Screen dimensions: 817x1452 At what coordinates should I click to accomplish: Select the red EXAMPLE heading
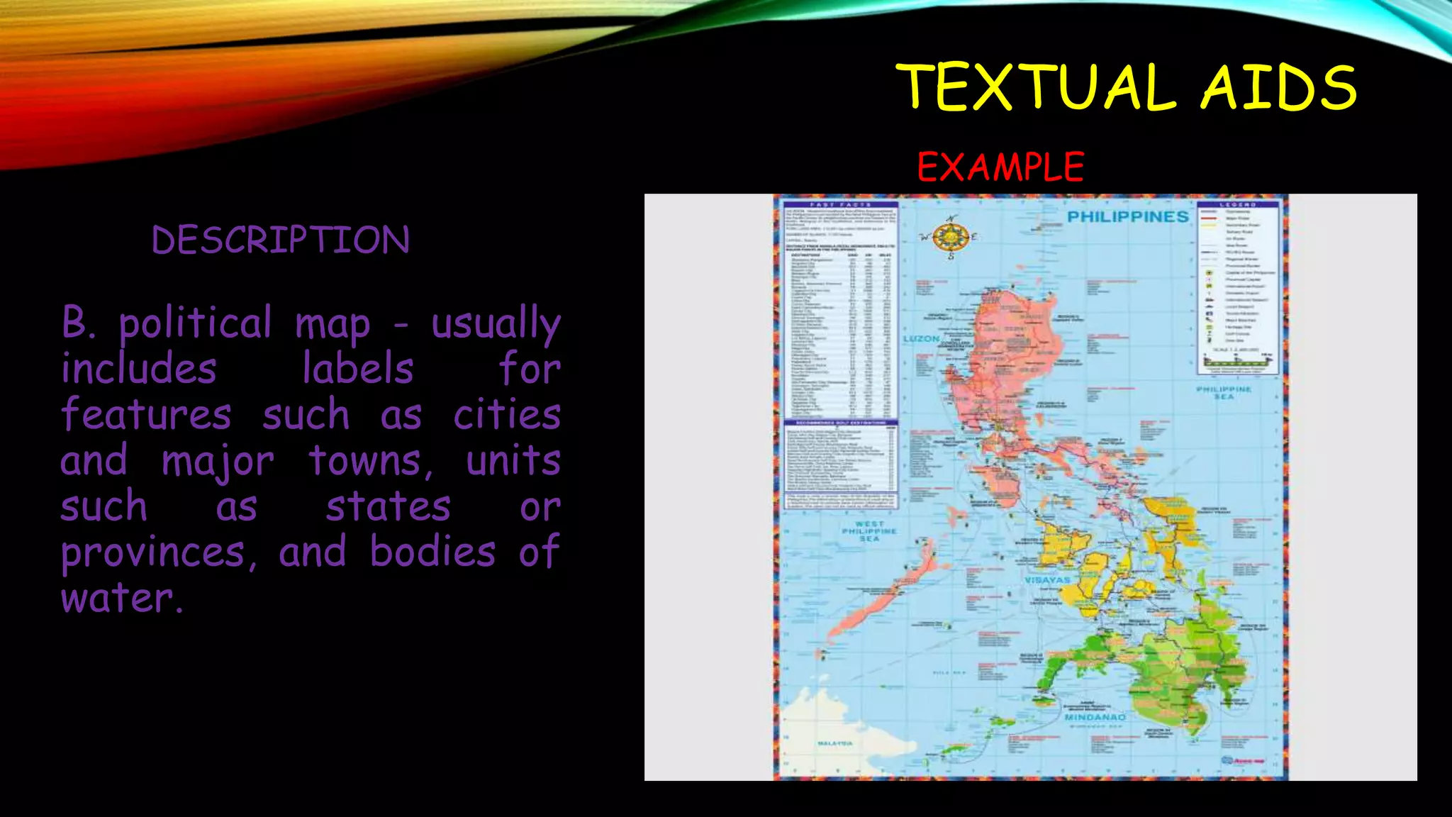click(x=1000, y=167)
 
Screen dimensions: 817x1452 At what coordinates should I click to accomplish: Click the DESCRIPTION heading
click(x=281, y=240)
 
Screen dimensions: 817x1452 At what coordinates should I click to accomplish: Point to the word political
click(x=195, y=323)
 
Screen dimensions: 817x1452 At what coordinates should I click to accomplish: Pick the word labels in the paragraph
click(x=358, y=369)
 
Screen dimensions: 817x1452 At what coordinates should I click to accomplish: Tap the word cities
click(x=507, y=415)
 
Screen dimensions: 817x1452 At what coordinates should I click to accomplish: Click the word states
click(x=388, y=506)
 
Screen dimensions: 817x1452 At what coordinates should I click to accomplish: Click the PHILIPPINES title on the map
click(x=1127, y=216)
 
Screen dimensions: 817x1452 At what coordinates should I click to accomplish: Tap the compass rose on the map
click(x=951, y=237)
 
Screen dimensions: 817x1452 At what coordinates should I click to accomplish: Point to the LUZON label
click(x=921, y=339)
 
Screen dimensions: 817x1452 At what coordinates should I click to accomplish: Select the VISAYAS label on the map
click(x=1047, y=580)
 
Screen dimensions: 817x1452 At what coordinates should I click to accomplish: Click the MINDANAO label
click(x=1095, y=717)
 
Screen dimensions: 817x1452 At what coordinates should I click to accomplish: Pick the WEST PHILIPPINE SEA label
click(x=869, y=531)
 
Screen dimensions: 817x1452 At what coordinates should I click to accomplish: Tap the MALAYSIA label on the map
click(x=835, y=743)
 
